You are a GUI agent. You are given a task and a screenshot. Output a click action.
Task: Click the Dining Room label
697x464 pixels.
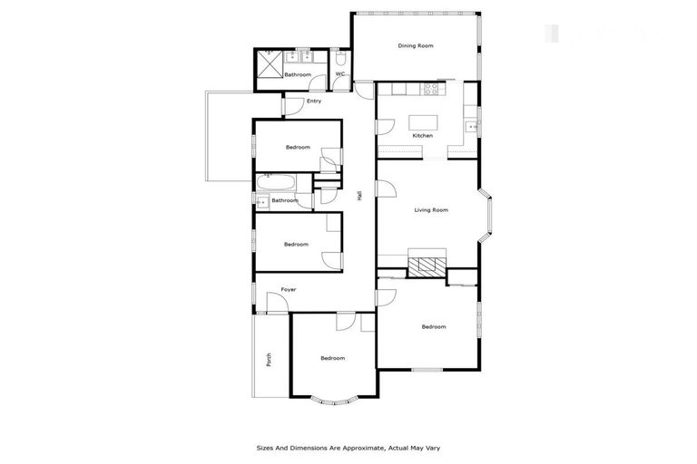pyautogui.click(x=415, y=45)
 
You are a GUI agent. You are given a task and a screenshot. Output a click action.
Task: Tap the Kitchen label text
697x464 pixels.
pyautogui.click(x=423, y=135)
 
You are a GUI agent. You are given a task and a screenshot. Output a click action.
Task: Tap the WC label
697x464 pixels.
pyautogui.click(x=340, y=74)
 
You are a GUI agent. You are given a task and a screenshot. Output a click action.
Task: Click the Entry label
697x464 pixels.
pyautogui.click(x=314, y=101)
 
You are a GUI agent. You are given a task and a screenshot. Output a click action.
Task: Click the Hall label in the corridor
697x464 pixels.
pyautogui.click(x=360, y=195)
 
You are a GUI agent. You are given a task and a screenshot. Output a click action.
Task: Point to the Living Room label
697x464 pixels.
pyautogui.click(x=431, y=210)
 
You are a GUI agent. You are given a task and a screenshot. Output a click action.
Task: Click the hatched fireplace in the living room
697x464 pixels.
pyautogui.click(x=427, y=266)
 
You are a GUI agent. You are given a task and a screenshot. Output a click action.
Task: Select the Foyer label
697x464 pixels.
pyautogui.click(x=289, y=289)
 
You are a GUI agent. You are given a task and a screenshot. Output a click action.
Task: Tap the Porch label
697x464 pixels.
pyautogui.click(x=269, y=359)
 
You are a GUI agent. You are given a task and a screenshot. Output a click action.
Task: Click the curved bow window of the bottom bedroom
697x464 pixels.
pyautogui.click(x=333, y=397)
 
